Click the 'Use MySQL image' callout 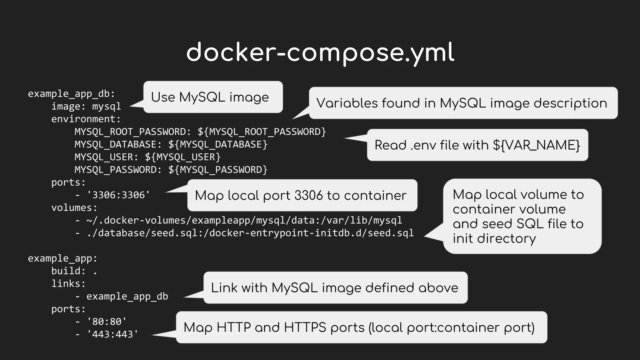213,97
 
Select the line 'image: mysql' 86,106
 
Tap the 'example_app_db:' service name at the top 71,93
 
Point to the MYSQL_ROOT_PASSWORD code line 200,132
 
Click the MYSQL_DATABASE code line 171,144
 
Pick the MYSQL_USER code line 147,157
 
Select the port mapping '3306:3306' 118,195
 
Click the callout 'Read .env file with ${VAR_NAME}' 477,145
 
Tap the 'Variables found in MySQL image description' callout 463,103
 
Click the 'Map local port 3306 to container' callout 302,195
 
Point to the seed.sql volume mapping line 244,233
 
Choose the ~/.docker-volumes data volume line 238,220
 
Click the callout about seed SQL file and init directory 522,216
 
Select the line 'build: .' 74,271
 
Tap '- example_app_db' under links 122,296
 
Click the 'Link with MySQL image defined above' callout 335,287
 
